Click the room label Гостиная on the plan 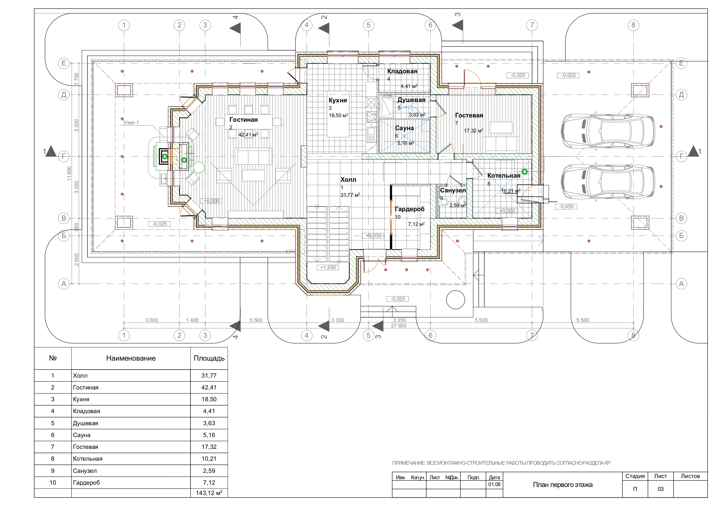pyautogui.click(x=244, y=120)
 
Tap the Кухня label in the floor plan pyautogui.click(x=338, y=100)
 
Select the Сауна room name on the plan pyautogui.click(x=404, y=128)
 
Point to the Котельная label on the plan pyautogui.click(x=504, y=176)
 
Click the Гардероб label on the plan pyautogui.click(x=410, y=209)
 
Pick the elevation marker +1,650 pyautogui.click(x=328, y=267)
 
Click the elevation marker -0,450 pyautogui.click(x=566, y=207)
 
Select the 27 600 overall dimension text pyautogui.click(x=399, y=326)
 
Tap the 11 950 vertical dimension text pyautogui.click(x=69, y=173)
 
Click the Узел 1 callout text pyautogui.click(x=131, y=123)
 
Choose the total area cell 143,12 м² pyautogui.click(x=209, y=493)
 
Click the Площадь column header pyautogui.click(x=209, y=358)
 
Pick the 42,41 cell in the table pyautogui.click(x=209, y=387)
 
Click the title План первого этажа pyautogui.click(x=562, y=485)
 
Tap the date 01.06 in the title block pyautogui.click(x=494, y=484)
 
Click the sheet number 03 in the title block pyautogui.click(x=661, y=489)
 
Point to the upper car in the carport pyautogui.click(x=607, y=131)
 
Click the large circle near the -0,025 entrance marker pyautogui.click(x=456, y=300)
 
